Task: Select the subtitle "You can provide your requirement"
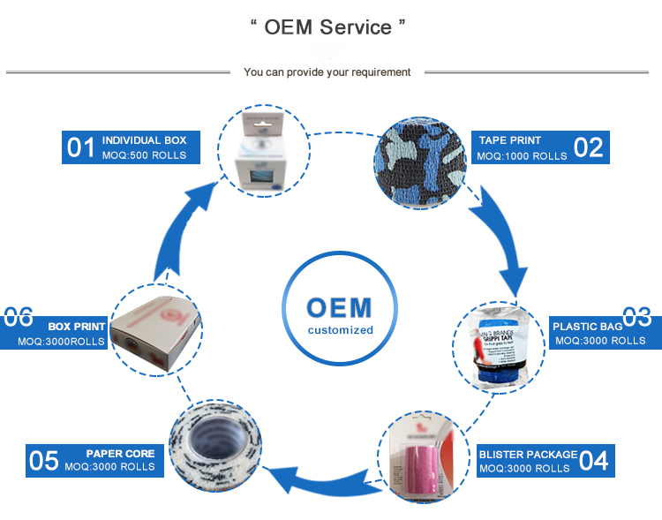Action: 327,72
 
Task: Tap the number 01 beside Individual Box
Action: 81,147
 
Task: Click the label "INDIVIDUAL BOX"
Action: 144,140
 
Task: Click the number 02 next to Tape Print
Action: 588,147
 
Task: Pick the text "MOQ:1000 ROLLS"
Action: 522,156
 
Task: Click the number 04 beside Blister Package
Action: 594,460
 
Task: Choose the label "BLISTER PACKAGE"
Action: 528,454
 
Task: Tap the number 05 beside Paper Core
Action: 44,460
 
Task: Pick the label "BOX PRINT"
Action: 77,327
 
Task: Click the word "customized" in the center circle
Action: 341,330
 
